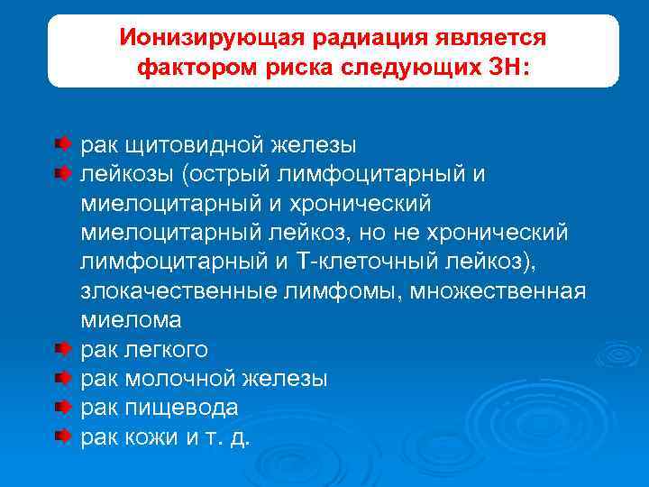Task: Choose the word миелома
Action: (x=131, y=320)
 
